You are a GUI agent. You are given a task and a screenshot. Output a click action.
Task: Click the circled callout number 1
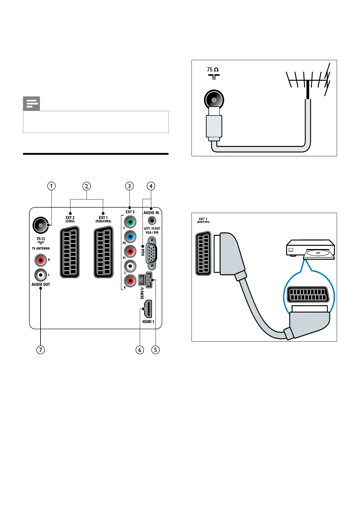(51, 186)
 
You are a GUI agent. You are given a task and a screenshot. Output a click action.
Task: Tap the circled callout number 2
(87, 186)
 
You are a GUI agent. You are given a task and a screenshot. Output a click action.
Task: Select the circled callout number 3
(129, 186)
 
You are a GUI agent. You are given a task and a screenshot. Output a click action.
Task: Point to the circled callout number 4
(151, 186)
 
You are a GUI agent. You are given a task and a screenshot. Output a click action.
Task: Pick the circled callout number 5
(155, 350)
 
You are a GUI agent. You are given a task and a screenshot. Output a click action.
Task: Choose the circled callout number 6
(140, 350)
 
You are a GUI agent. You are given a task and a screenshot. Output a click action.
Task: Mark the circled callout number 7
(41, 350)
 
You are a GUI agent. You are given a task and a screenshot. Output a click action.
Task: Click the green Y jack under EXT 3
(130, 222)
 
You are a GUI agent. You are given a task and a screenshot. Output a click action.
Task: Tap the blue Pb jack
(130, 236)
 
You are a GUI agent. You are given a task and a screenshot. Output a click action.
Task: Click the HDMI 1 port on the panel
(148, 309)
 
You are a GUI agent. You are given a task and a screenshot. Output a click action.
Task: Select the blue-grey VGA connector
(151, 253)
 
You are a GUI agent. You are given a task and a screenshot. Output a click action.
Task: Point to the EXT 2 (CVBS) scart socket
(70, 252)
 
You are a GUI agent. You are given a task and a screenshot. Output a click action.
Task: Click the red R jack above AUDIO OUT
(40, 260)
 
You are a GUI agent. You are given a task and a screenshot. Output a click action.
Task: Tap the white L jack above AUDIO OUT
(40, 274)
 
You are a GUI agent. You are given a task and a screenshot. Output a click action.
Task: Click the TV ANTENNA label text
(41, 248)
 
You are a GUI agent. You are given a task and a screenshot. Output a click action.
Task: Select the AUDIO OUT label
(41, 284)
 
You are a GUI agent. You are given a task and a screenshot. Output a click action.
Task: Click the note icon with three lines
(31, 104)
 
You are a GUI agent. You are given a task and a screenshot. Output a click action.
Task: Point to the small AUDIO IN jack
(152, 221)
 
